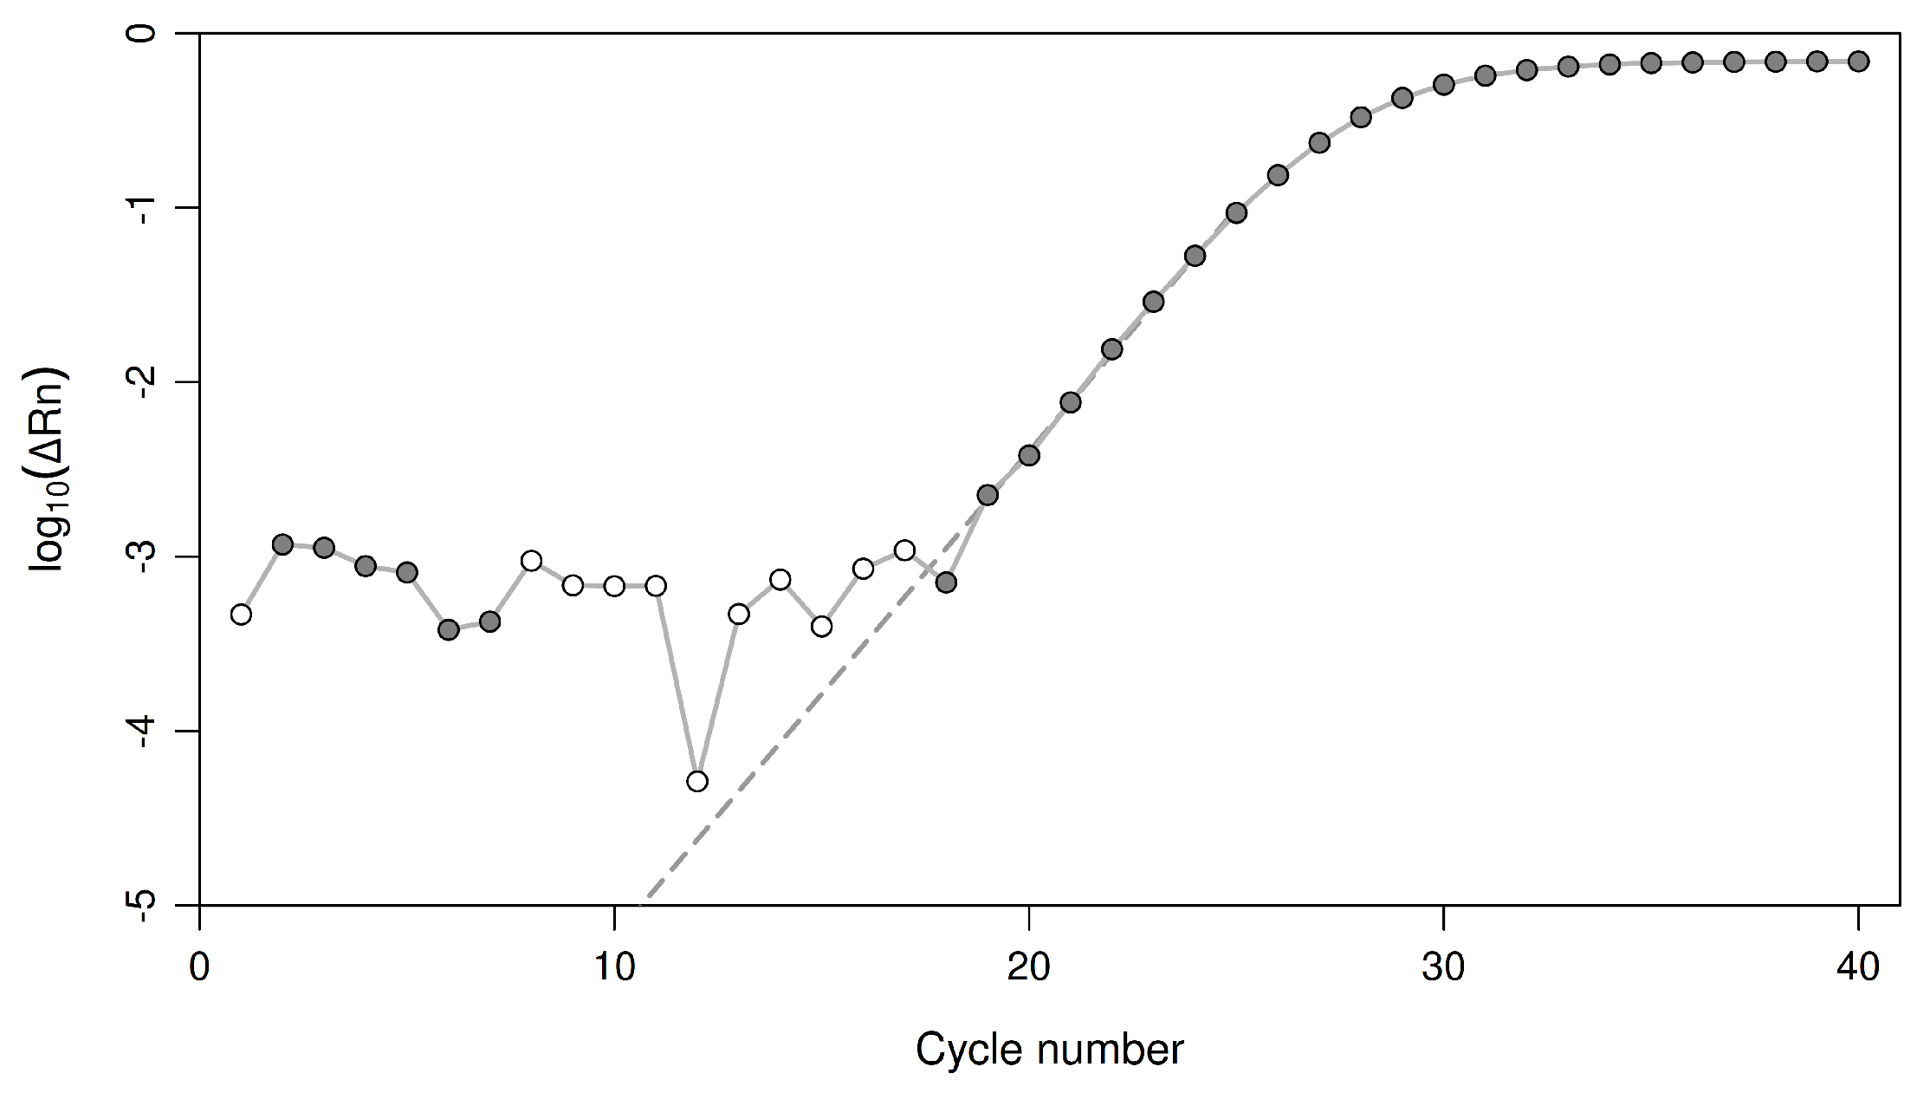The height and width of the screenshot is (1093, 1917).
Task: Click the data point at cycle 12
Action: (697, 781)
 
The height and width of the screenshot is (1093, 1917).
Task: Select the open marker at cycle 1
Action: (242, 614)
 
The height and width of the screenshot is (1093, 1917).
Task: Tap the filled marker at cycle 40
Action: (1857, 61)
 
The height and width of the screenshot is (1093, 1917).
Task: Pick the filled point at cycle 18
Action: (946, 582)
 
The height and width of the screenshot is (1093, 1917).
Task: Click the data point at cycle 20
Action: (1029, 455)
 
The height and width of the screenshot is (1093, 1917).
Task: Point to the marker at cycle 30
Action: (1443, 84)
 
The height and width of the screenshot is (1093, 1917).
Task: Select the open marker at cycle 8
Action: (532, 561)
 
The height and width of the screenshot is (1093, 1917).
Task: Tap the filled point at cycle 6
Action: (449, 629)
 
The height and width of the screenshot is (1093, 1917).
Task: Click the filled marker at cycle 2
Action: (282, 544)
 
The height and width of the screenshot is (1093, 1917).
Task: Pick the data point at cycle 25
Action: (1236, 213)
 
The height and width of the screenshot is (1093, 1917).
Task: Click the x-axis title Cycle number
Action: (1049, 1050)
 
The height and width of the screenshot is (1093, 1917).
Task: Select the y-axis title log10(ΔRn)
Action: (49, 469)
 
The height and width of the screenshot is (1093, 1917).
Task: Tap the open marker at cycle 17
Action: (904, 550)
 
